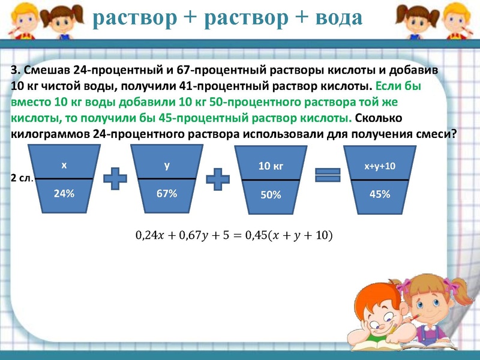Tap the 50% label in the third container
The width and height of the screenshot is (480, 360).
(x=270, y=194)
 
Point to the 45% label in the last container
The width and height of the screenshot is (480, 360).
(x=380, y=194)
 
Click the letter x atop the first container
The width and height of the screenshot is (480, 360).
(x=64, y=164)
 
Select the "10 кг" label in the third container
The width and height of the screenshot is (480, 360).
(x=270, y=166)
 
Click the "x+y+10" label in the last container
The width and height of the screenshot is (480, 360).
(x=380, y=166)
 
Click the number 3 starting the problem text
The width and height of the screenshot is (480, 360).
(x=14, y=70)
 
